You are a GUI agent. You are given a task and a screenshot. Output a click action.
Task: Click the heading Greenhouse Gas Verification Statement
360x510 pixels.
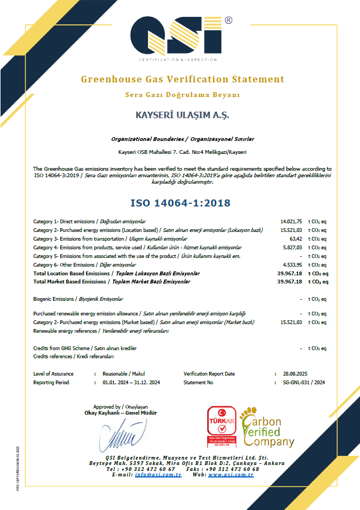coord(183,79)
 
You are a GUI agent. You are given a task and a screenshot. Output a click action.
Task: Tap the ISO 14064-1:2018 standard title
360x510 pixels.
coord(181,203)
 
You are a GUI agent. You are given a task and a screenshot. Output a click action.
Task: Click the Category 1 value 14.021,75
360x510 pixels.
coord(291,222)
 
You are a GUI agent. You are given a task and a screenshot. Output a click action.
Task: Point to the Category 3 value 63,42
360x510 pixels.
coord(295,238)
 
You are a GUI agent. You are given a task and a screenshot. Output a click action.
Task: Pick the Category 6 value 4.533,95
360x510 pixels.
coord(292,264)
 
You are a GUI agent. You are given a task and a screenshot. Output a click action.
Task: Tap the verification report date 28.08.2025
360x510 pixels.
coord(295,374)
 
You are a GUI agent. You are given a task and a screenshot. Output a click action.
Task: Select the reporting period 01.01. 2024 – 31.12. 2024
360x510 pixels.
coord(131,382)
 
